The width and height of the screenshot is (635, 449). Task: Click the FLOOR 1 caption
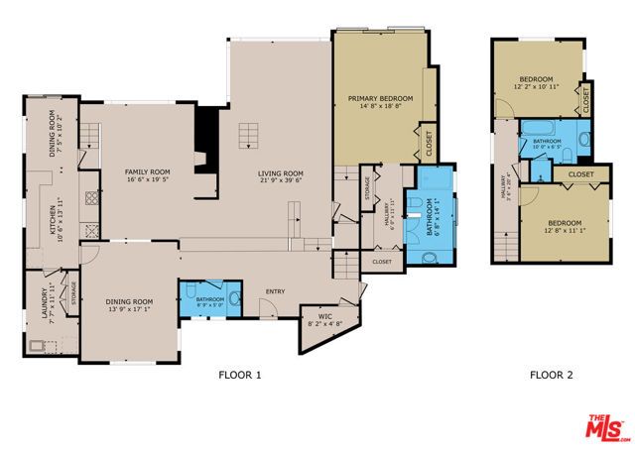(239, 375)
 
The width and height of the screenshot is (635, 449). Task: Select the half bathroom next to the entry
(208, 296)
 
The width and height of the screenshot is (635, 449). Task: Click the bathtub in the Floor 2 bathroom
(547, 128)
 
